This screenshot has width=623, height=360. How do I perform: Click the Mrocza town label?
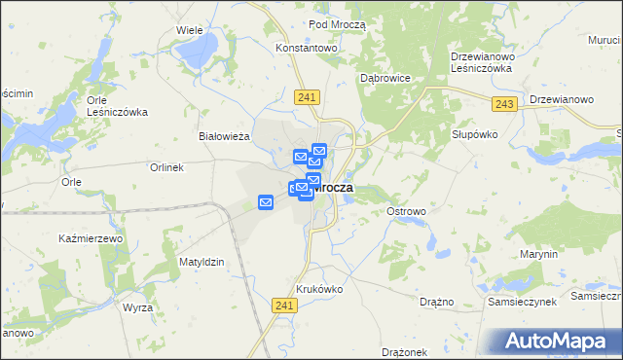[334, 188]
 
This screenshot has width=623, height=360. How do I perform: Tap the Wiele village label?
[189, 30]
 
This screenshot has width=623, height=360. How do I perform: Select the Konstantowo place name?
[306, 47]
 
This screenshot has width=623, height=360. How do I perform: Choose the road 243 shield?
[504, 103]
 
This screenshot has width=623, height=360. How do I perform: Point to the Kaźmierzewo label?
[91, 238]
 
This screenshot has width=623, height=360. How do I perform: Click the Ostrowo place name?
[406, 211]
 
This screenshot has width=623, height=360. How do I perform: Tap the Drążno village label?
[437, 302]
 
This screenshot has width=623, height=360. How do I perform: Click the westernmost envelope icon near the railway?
[265, 202]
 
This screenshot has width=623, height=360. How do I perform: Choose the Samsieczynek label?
[523, 302]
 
